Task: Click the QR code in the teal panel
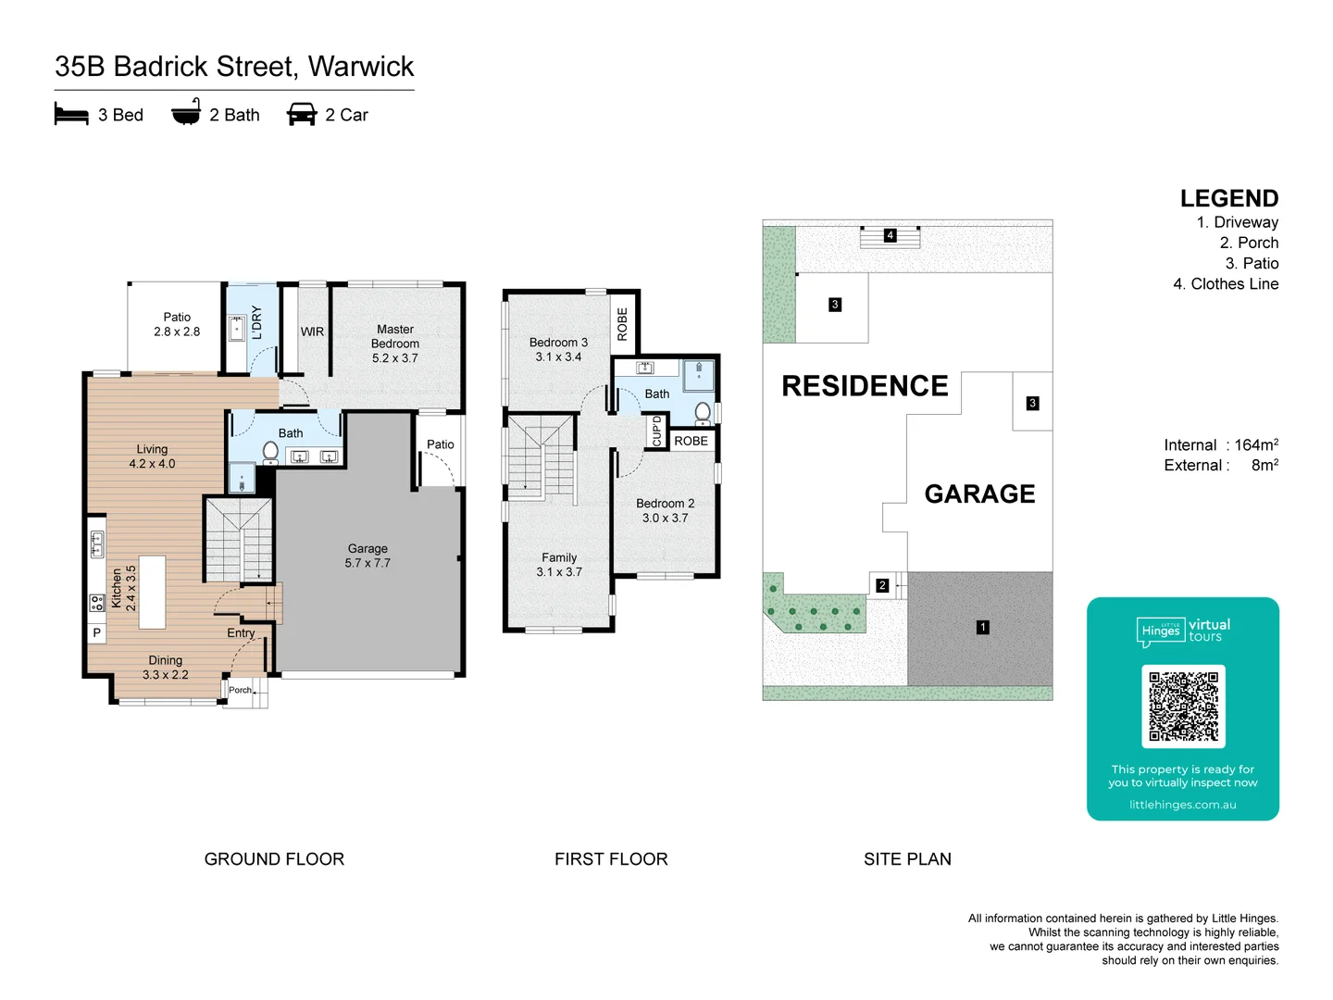tap(1183, 706)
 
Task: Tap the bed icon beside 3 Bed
tap(71, 115)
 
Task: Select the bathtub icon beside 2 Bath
tap(186, 112)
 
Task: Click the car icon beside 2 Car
tap(302, 114)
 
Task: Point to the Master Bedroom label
tap(395, 344)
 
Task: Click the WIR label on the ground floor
tap(312, 331)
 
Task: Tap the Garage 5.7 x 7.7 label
tap(368, 556)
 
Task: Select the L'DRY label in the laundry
tap(257, 322)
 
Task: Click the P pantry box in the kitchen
tap(96, 633)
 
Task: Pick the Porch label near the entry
tap(240, 690)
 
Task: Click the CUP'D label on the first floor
tap(657, 431)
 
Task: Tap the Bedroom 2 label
tap(665, 510)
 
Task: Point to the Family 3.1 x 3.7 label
tap(559, 565)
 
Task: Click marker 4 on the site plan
tap(890, 235)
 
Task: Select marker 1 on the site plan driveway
tap(982, 627)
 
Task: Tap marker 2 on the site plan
tap(882, 585)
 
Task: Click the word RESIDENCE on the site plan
tap(865, 386)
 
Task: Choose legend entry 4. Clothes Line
tap(1226, 284)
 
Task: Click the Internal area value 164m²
tap(1255, 444)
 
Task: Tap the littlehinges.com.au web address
tap(1182, 805)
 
